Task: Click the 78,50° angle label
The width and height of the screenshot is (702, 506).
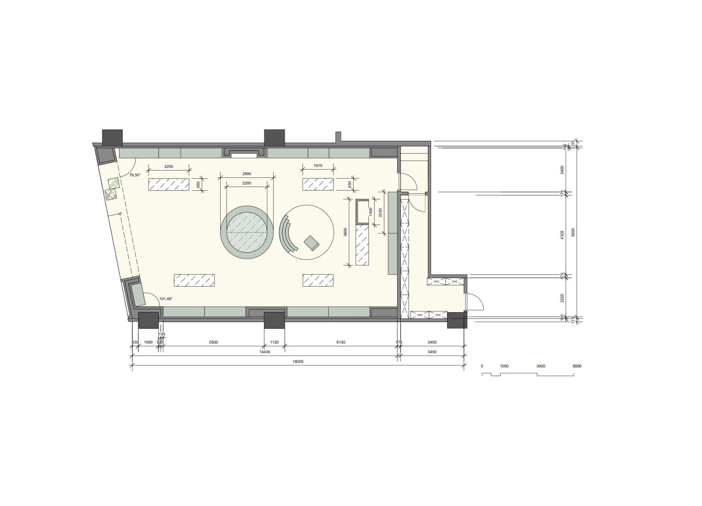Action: point(135,175)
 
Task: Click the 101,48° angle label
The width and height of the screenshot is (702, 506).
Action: point(166,299)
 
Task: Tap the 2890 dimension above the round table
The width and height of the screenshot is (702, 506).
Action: point(247,174)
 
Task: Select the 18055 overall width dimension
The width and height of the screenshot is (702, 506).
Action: point(298,362)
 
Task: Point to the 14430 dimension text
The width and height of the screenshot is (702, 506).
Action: point(264,352)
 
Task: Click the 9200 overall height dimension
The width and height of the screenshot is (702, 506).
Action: point(573,233)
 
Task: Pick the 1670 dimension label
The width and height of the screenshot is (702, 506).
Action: point(318,166)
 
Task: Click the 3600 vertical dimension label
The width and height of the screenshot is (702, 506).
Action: point(345,232)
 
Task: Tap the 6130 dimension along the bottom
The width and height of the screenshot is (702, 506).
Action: point(341,342)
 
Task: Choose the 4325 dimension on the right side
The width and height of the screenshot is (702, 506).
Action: point(562,235)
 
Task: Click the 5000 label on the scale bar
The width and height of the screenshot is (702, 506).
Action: point(577,366)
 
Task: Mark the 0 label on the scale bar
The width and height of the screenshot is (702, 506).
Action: point(482,366)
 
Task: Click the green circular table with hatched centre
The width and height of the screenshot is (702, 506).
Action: point(247,232)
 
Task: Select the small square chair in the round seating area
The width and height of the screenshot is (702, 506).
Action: point(312,243)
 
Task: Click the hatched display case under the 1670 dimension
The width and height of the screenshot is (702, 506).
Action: point(318,184)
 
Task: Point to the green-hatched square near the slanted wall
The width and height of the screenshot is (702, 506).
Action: point(113,183)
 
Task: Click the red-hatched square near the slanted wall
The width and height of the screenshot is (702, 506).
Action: point(111,194)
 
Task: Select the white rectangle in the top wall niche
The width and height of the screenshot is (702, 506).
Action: point(244,156)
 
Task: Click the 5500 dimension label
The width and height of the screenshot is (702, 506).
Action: point(213,342)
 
